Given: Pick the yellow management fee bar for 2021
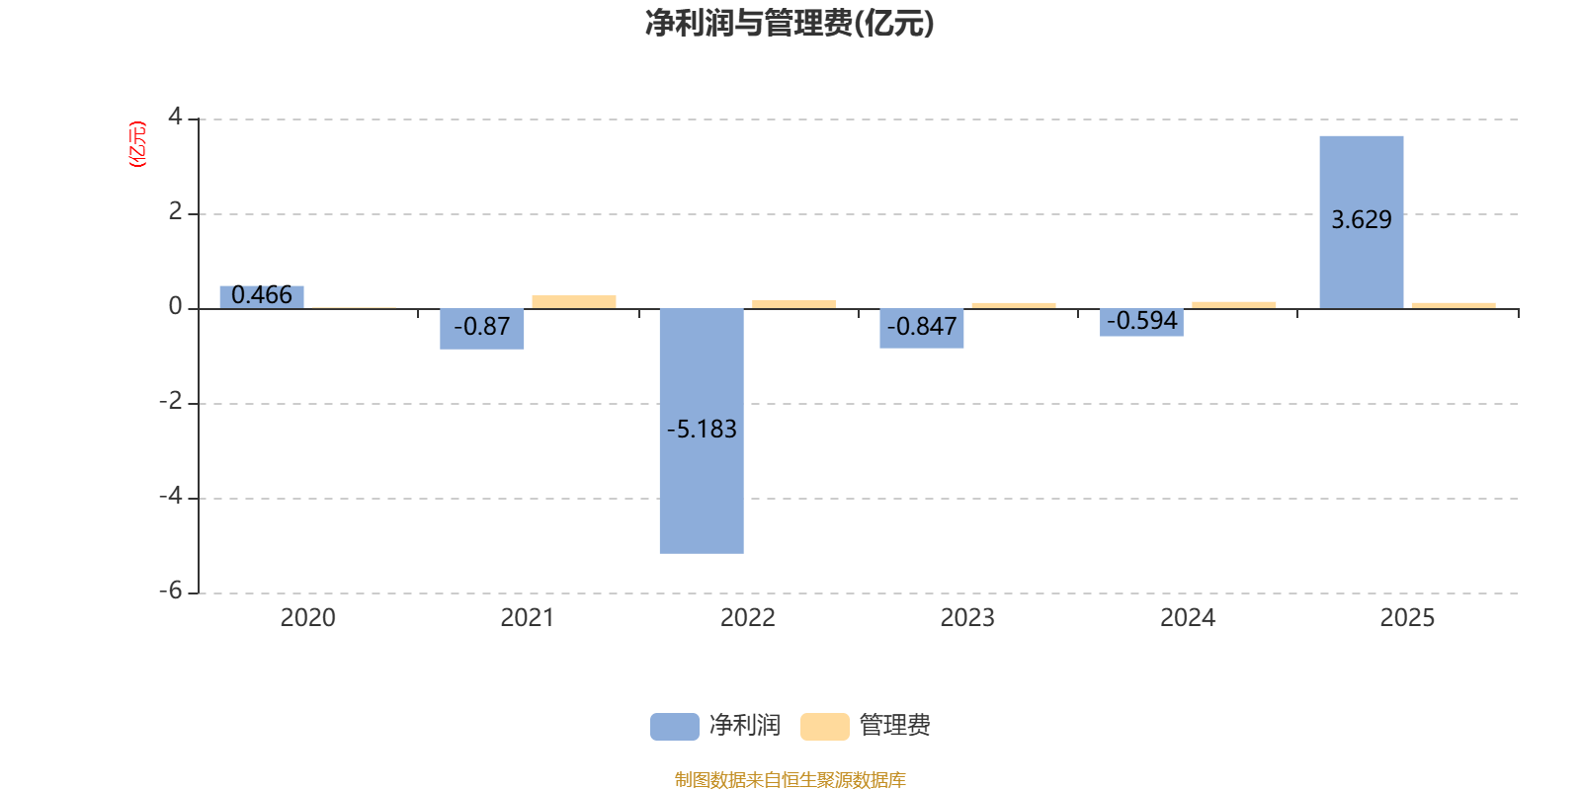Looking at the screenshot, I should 574,301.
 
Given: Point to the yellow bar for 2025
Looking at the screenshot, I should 1453,305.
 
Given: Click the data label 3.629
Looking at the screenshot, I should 1361,220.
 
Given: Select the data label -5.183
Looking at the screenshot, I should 702,430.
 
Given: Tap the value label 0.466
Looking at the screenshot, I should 262,295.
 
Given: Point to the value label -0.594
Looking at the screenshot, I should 1142,321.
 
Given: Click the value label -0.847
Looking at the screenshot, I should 922,327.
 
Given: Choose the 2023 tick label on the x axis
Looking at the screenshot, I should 967,618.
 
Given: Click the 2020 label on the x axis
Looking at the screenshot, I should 307,618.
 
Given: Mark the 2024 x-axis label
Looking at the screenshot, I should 1187,618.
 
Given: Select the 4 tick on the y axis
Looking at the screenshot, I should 176,117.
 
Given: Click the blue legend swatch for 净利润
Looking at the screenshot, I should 674,727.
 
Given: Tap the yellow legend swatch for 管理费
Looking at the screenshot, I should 824,727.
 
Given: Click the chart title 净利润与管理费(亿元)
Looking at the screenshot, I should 790,24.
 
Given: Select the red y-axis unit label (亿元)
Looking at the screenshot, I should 137,144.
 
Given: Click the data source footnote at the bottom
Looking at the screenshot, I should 790,780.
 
